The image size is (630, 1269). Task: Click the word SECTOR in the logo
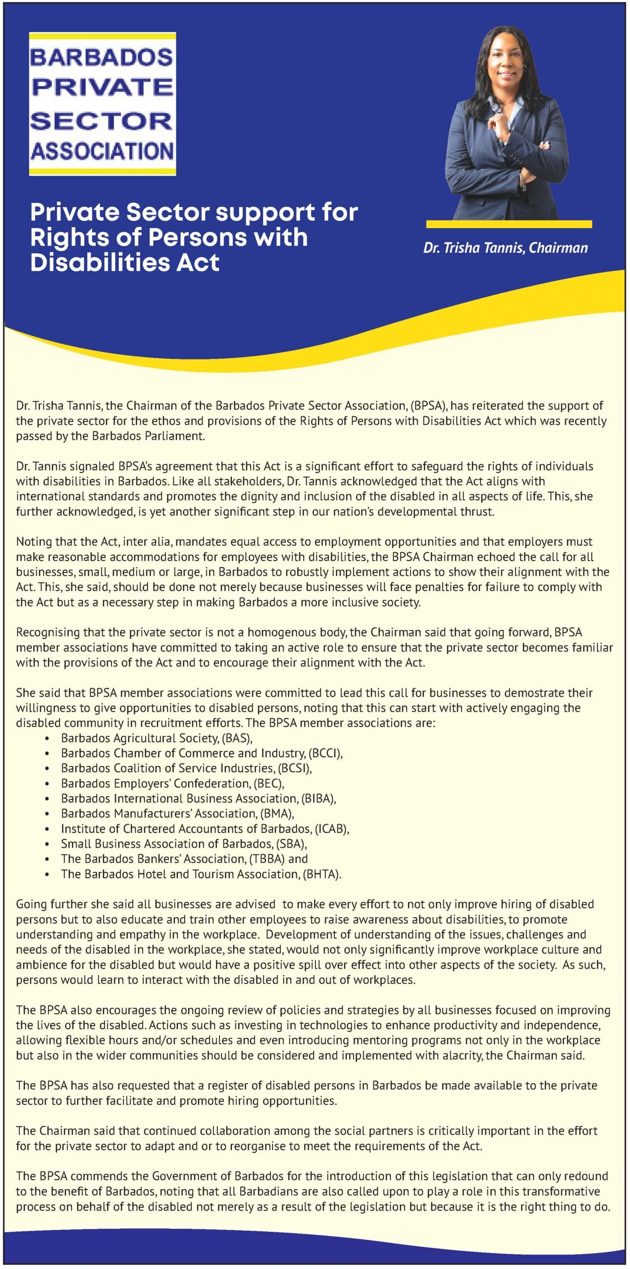pos(102,121)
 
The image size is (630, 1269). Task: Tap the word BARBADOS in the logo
pos(102,58)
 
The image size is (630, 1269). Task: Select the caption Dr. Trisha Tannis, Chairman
pos(505,248)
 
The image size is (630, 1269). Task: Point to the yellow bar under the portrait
pos(509,225)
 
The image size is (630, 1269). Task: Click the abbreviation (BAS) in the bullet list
pos(237,738)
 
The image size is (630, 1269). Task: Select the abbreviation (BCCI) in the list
pos(325,753)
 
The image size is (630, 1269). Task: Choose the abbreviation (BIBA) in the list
pos(318,799)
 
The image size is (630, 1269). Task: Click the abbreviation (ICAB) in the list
pos(332,829)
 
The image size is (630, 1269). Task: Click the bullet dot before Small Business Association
pos(47,844)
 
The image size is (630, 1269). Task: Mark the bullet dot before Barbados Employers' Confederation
pos(47,784)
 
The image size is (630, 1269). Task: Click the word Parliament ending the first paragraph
pos(176,436)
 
